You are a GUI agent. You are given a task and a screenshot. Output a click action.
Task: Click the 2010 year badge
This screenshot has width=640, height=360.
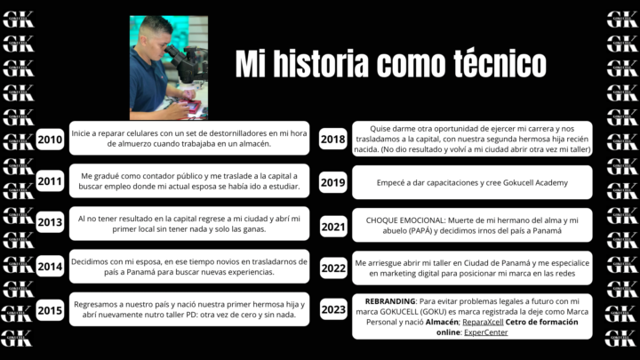click(x=50, y=139)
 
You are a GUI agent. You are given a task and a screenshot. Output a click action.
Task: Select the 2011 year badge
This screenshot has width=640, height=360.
click(x=50, y=181)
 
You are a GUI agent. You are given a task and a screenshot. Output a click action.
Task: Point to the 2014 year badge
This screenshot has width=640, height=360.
click(x=50, y=267)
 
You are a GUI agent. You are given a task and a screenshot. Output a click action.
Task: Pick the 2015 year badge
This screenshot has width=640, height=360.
click(x=50, y=309)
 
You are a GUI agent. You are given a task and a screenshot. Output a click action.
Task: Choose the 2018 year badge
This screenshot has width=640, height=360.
click(x=333, y=139)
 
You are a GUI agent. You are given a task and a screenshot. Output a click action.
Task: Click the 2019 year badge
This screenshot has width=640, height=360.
click(x=333, y=182)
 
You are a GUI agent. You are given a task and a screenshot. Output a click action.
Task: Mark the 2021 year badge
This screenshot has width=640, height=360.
click(x=333, y=227)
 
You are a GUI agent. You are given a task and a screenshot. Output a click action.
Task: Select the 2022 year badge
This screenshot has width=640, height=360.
click(x=333, y=267)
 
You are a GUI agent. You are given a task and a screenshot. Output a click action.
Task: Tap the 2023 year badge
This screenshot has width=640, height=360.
click(x=333, y=309)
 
